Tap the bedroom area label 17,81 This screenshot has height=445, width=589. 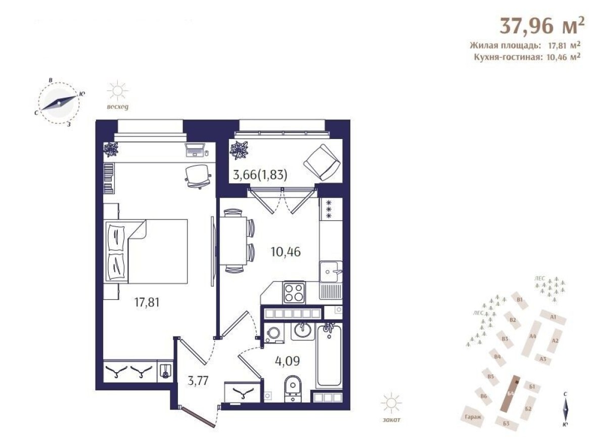click(147, 302)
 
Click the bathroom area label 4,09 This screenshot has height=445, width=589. click(288, 362)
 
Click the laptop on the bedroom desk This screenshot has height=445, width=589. click(196, 150)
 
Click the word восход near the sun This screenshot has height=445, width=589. click(118, 107)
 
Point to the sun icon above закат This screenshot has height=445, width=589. click(392, 403)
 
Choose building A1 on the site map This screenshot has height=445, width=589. click(553, 318)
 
